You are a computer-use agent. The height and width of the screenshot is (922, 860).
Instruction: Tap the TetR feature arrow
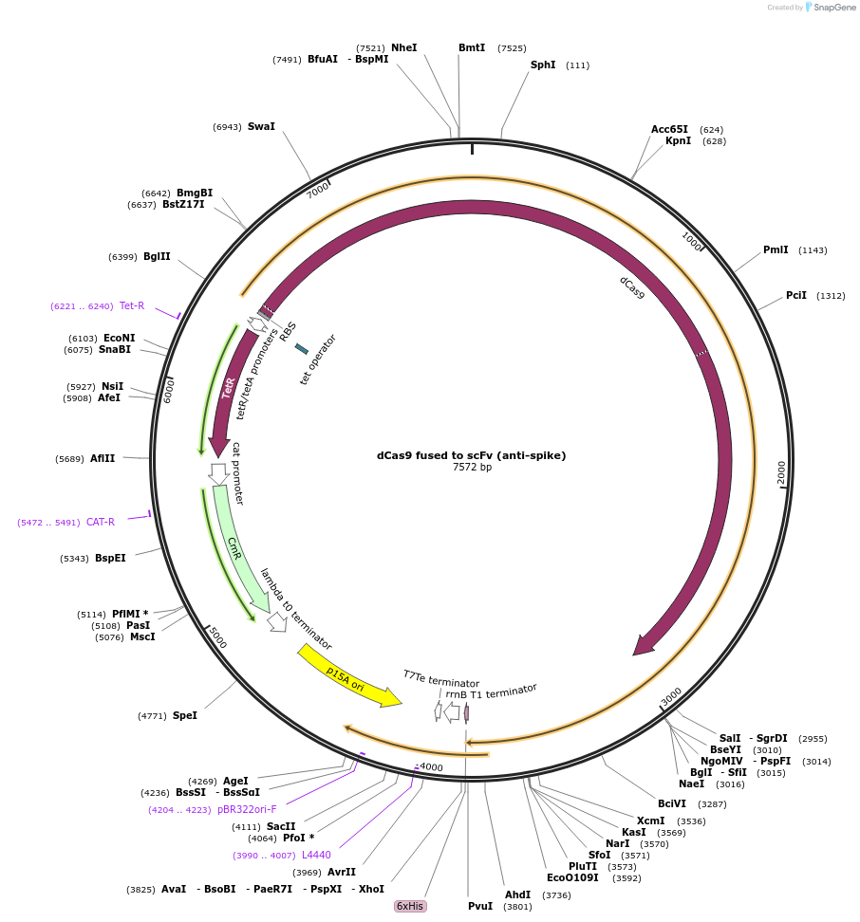point(229,389)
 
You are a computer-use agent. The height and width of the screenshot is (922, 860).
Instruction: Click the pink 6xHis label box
point(411,906)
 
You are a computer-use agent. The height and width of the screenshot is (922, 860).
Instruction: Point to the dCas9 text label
point(632,287)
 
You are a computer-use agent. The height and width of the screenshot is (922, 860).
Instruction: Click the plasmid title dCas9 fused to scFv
point(471,455)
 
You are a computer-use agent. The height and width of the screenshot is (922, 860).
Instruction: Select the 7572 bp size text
point(472,467)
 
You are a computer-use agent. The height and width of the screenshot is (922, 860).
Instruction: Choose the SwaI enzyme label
point(261,126)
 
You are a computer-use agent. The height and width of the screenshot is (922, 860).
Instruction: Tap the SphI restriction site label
point(543,65)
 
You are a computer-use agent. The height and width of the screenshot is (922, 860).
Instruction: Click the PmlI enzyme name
point(776,250)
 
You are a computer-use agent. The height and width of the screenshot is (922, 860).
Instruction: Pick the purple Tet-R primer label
point(132,305)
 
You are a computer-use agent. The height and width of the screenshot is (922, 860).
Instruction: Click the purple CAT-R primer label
point(101,522)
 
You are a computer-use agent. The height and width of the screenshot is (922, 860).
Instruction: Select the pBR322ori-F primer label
point(247,809)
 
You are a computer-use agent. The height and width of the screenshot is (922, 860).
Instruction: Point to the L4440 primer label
point(316,855)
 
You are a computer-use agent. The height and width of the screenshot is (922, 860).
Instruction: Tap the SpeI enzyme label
point(184,715)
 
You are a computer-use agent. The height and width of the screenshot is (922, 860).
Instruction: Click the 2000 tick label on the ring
point(782,471)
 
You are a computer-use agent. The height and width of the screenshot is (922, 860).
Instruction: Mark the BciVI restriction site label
point(672,803)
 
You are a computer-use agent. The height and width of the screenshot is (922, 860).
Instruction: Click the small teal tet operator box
point(301,349)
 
